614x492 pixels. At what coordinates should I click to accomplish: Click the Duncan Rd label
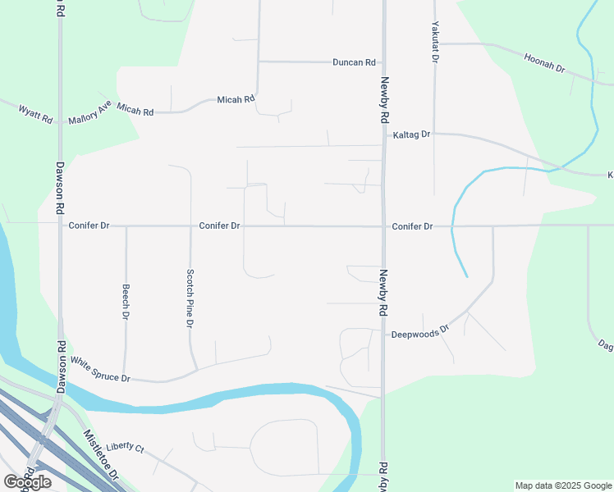point(354,62)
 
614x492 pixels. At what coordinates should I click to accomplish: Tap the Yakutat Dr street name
point(435,42)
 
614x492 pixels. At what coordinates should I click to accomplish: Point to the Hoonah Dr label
point(544,62)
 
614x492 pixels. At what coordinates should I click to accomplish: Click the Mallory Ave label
point(89,112)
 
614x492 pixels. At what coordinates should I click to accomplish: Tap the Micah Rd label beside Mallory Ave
point(135,109)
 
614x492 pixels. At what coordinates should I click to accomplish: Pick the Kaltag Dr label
point(411,134)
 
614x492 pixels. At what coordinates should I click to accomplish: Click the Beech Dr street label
point(126,302)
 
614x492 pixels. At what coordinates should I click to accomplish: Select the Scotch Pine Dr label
point(190,298)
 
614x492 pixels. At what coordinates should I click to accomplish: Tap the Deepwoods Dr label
point(420,332)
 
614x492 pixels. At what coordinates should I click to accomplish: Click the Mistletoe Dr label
point(101,455)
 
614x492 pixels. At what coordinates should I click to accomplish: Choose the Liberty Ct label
point(125,448)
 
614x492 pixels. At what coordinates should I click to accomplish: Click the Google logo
point(26,482)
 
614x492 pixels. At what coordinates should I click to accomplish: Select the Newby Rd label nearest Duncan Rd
point(383,100)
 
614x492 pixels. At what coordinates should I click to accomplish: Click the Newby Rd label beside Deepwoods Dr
point(383,294)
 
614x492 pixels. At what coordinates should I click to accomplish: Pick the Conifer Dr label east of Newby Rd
point(412,225)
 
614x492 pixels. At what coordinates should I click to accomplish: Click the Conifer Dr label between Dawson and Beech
point(89,225)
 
